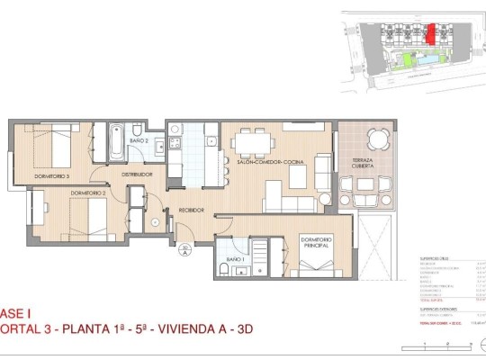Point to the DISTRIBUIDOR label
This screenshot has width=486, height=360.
click(x=138, y=174)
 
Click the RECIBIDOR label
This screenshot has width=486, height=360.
click(x=190, y=209)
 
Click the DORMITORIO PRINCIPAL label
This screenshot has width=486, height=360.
click(x=316, y=242)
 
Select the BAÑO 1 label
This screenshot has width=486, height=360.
click(x=237, y=259)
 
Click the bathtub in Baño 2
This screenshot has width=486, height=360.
click(x=117, y=141)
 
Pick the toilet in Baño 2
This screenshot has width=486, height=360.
click(x=157, y=147)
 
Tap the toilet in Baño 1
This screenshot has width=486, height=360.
click(x=223, y=270)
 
